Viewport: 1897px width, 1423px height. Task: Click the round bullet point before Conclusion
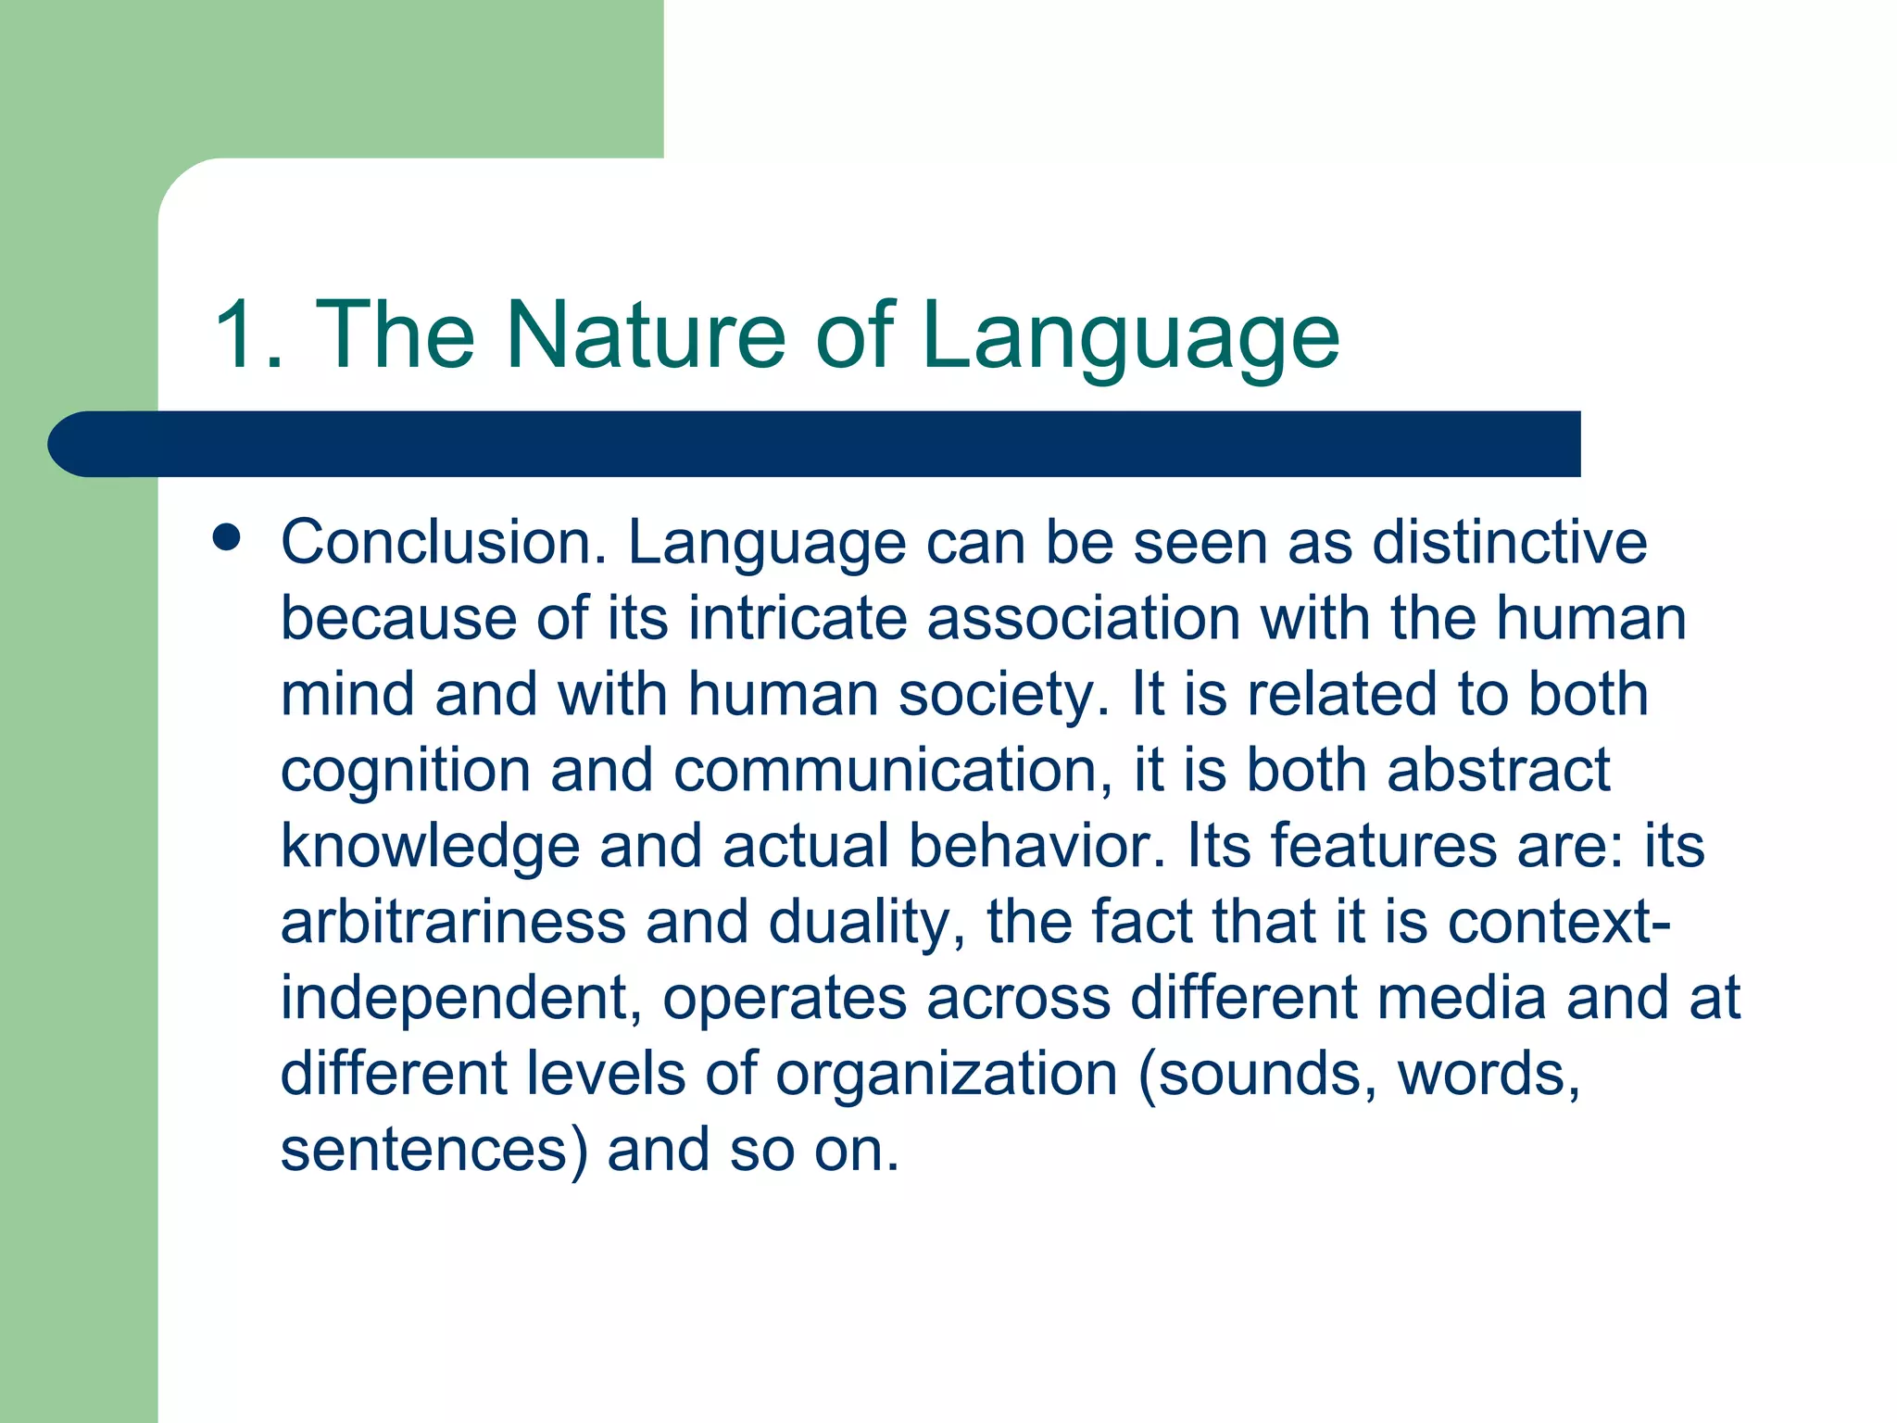click(x=226, y=537)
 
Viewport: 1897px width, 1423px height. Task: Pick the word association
click(x=1083, y=618)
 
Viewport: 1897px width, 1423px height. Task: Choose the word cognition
click(x=406, y=771)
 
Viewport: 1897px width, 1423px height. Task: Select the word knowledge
click(x=430, y=847)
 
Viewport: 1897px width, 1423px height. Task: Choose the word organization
click(x=947, y=1075)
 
